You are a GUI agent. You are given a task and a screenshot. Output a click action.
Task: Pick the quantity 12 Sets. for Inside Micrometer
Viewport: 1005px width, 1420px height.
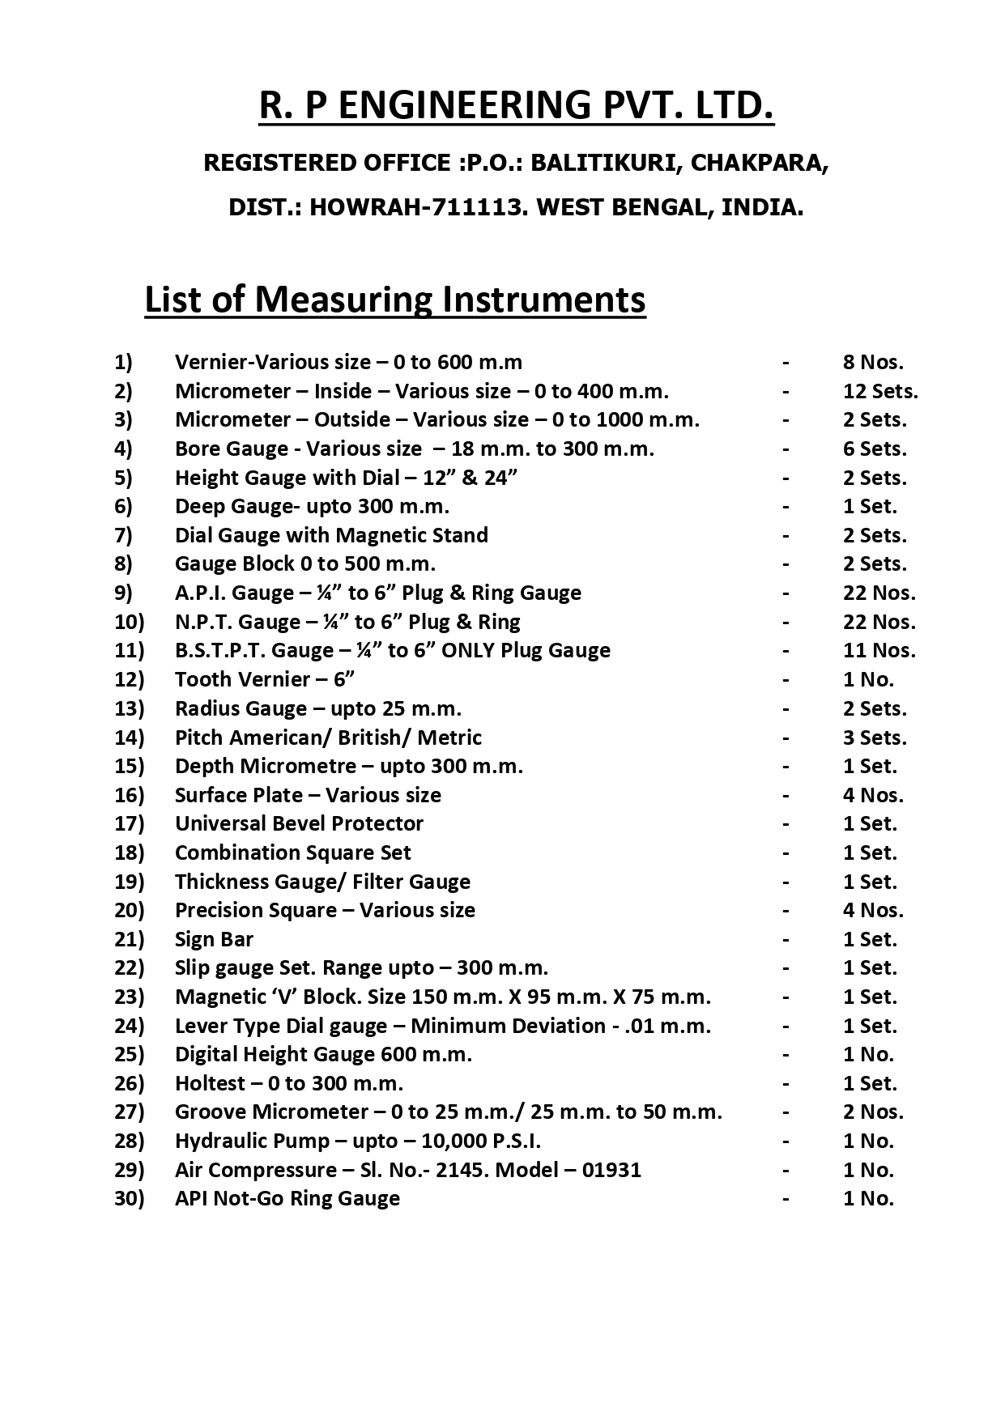click(x=880, y=391)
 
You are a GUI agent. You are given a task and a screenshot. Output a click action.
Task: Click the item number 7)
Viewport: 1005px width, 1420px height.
click(x=123, y=535)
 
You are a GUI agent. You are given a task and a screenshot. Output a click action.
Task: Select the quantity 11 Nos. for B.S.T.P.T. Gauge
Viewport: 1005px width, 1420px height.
click(x=879, y=651)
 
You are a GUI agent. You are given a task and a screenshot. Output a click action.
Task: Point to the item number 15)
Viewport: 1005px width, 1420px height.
click(x=129, y=766)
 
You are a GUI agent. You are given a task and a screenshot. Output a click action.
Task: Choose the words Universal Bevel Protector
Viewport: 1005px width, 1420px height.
click(x=299, y=823)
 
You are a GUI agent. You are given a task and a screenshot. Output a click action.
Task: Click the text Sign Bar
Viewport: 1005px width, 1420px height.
click(x=214, y=939)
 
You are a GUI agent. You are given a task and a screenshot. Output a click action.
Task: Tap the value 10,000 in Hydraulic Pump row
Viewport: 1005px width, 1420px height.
click(x=454, y=1141)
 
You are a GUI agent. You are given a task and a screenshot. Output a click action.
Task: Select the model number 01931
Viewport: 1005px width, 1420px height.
click(x=611, y=1170)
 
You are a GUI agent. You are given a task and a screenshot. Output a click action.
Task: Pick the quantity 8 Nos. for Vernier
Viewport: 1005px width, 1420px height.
click(x=873, y=362)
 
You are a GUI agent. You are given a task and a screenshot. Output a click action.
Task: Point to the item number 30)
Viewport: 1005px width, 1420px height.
click(x=129, y=1198)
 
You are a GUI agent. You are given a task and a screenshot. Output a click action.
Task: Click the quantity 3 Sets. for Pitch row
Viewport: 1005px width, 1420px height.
click(x=875, y=738)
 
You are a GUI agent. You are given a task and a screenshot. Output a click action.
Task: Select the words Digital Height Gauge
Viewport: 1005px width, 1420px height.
click(x=275, y=1054)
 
